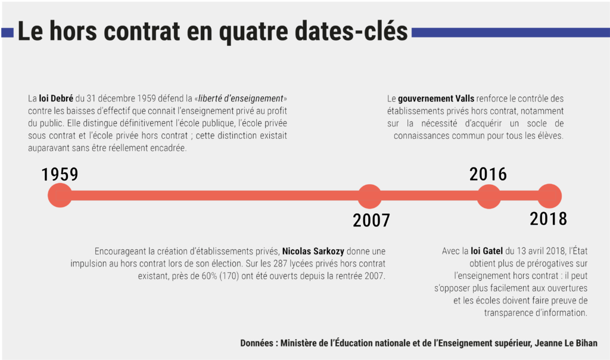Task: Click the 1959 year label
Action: (60, 174)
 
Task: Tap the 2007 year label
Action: (371, 220)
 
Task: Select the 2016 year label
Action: (488, 174)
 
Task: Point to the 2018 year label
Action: (548, 219)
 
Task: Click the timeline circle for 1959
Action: (60, 196)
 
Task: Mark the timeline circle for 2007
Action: (369, 196)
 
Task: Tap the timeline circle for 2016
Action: (489, 196)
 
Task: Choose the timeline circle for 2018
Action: (549, 196)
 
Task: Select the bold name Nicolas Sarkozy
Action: (313, 251)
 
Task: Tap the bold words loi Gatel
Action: (487, 251)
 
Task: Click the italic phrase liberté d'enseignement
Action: (241, 98)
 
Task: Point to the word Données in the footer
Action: (258, 343)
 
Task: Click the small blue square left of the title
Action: (7, 33)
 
